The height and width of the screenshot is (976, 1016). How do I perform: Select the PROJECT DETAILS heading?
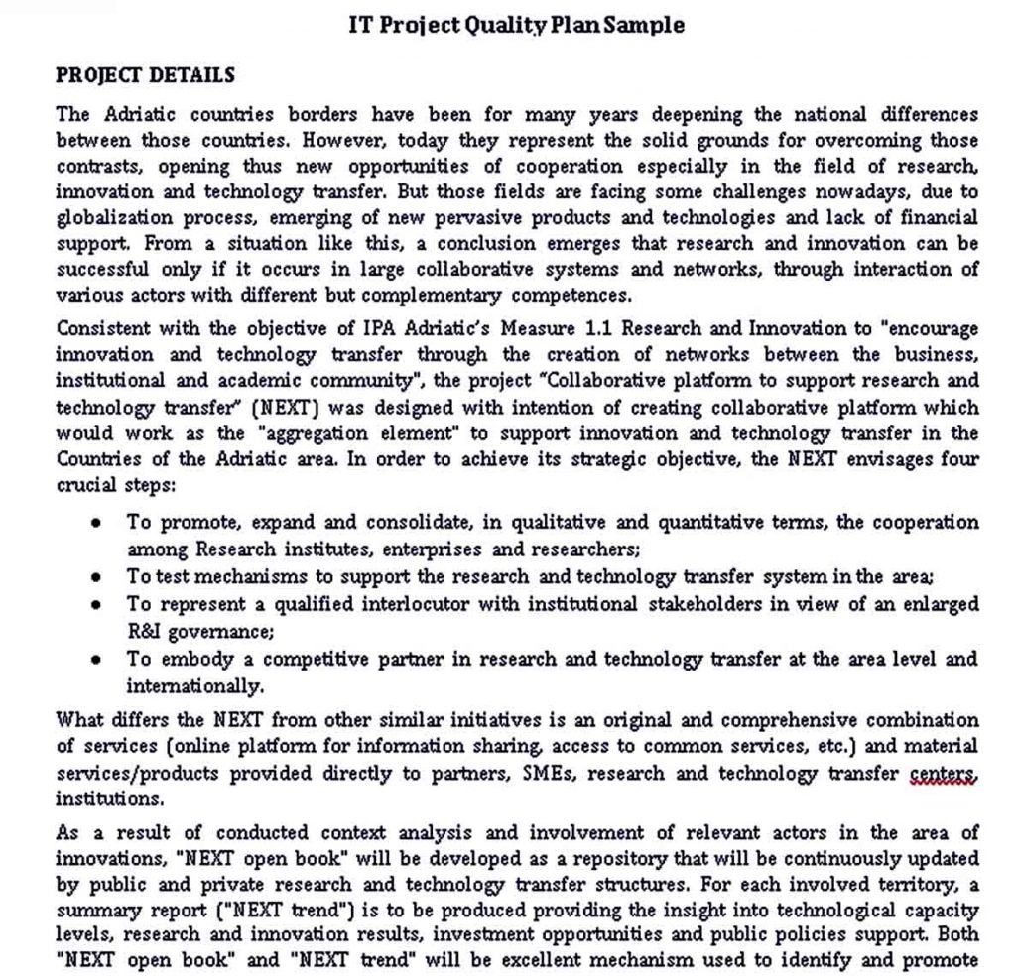click(145, 75)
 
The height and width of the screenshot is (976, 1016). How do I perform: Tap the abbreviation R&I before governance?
click(146, 630)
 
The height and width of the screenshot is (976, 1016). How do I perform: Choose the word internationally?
click(195, 685)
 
